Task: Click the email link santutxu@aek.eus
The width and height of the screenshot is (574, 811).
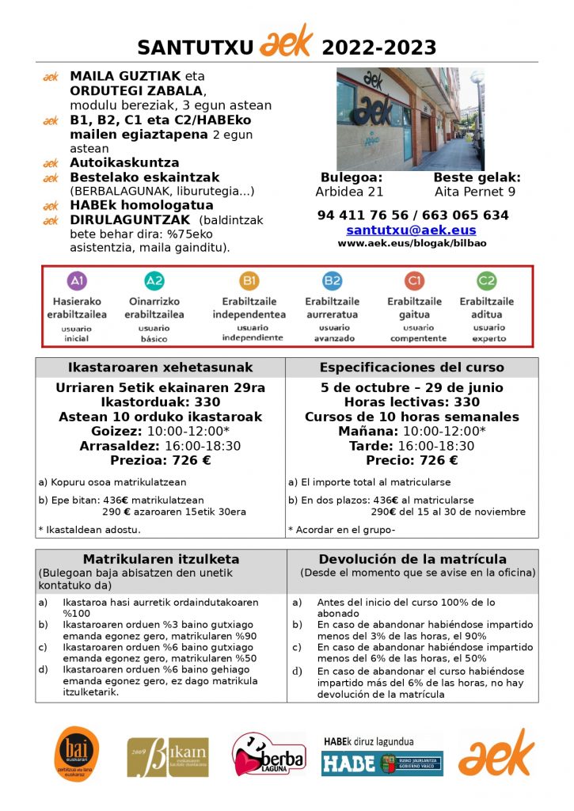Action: coord(411,230)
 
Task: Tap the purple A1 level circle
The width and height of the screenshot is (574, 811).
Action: coord(77,281)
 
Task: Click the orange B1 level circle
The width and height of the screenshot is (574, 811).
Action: coord(249,281)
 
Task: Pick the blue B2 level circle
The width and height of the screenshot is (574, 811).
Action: coord(332,281)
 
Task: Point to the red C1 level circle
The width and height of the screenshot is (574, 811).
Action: coord(414,281)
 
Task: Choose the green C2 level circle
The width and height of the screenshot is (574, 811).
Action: coord(486,281)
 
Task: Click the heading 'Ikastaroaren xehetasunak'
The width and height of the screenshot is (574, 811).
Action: coord(161,367)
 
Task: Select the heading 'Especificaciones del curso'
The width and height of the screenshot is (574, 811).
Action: coord(412,367)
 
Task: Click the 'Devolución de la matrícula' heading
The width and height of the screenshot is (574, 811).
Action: coord(412,559)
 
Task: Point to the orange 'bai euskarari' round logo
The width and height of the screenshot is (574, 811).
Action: coord(77,754)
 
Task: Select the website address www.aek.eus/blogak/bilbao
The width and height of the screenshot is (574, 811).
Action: coord(412,243)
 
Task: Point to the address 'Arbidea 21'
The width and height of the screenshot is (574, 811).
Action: coord(349,191)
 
